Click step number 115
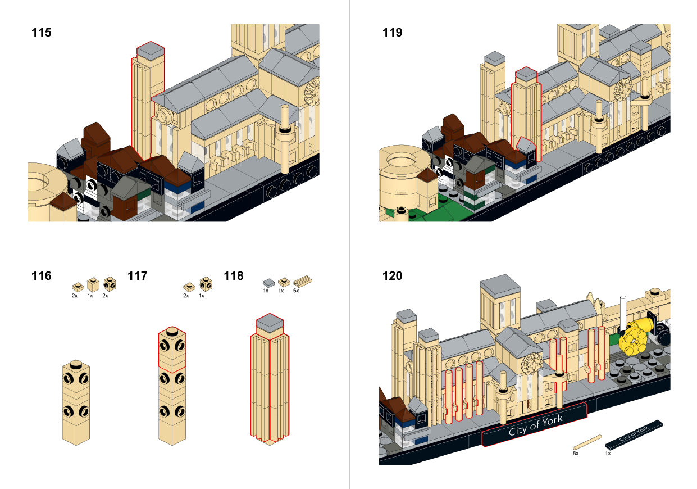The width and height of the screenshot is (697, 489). click(x=42, y=33)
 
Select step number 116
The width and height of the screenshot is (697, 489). click(x=42, y=276)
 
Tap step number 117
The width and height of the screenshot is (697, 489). click(x=138, y=276)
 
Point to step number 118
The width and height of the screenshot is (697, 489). click(x=234, y=276)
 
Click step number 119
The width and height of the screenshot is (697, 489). click(x=392, y=33)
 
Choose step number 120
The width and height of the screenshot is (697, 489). click(x=392, y=276)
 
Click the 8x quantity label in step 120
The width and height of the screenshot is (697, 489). click(x=575, y=452)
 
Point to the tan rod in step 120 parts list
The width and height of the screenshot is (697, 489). click(x=587, y=442)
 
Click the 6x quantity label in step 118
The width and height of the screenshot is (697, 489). click(x=296, y=291)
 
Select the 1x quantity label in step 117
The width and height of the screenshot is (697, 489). click(x=202, y=296)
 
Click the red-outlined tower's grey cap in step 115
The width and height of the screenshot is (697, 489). click(x=150, y=50)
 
